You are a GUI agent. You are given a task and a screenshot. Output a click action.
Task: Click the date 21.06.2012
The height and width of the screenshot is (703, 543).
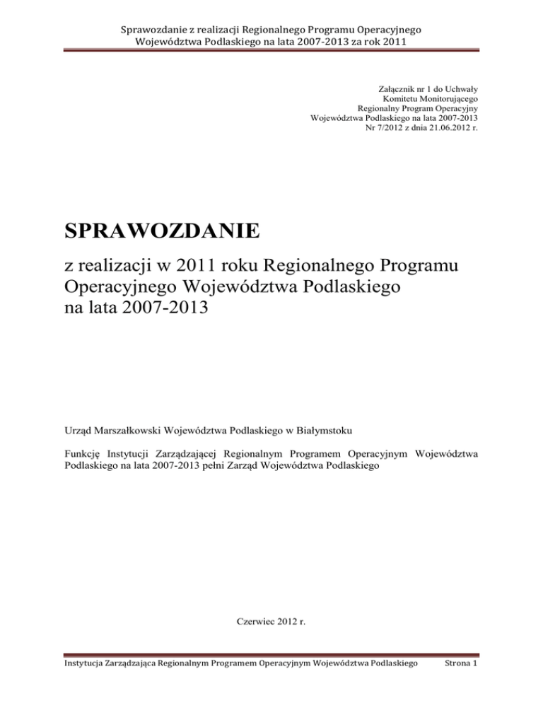click(x=441, y=129)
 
